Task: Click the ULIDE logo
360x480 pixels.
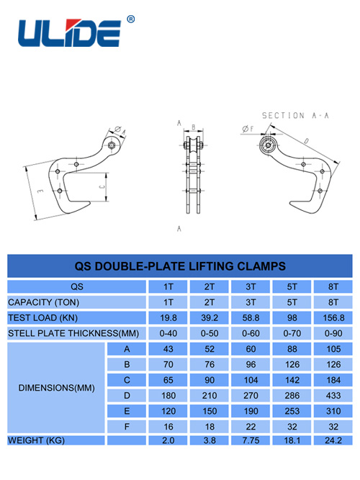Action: (x=70, y=33)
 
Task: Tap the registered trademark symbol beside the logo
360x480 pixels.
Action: (x=130, y=19)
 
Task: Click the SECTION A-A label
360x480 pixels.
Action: (x=295, y=115)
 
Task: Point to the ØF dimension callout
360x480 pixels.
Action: (x=248, y=129)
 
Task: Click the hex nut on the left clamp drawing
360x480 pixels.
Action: (x=112, y=145)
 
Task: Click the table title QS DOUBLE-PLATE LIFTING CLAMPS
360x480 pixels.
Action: (x=180, y=266)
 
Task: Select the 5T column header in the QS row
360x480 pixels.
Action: (x=292, y=287)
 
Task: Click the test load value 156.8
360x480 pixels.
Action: (x=333, y=318)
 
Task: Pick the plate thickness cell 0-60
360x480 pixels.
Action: (x=251, y=333)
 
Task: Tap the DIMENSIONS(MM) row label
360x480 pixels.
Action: (x=56, y=388)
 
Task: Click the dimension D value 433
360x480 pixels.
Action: (x=333, y=396)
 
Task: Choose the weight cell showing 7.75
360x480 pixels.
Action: (x=251, y=440)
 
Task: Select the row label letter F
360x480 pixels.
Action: (x=127, y=427)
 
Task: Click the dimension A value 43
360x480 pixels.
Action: (x=168, y=349)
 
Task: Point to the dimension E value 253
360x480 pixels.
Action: (x=292, y=411)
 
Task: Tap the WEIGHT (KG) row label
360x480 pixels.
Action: (x=36, y=440)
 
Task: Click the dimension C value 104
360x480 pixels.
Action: (x=251, y=380)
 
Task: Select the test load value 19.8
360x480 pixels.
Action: (x=168, y=318)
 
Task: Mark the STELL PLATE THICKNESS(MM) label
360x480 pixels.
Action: (x=73, y=333)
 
